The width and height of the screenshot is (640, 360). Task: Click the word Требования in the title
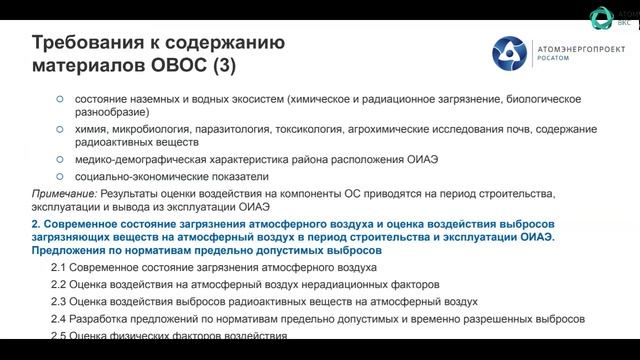point(89,43)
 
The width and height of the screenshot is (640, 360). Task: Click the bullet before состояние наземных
point(60,100)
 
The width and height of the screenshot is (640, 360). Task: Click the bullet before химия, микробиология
point(60,130)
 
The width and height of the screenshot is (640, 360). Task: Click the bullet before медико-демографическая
point(60,159)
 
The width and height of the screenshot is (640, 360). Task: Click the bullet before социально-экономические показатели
point(60,176)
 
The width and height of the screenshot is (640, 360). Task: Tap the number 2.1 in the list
point(61,268)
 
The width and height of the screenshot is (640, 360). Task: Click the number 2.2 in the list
point(61,285)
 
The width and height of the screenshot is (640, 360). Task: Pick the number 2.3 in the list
point(61,302)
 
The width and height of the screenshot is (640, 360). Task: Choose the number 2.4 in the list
point(61,319)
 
